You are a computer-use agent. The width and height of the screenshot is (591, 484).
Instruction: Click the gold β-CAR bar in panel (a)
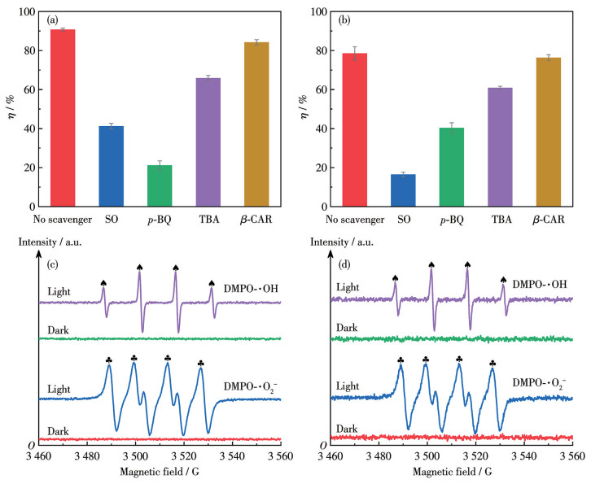(256, 124)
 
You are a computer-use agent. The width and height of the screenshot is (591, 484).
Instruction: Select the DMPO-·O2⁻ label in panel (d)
(538, 382)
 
